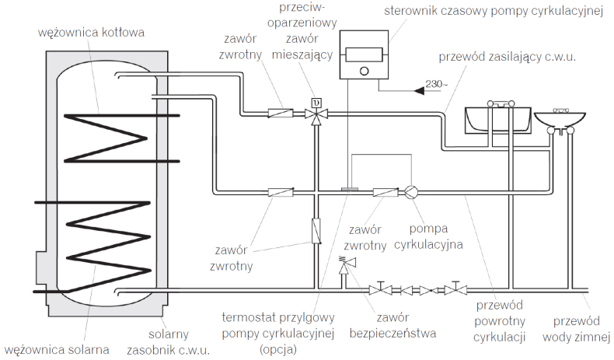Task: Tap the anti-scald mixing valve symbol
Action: (315, 114)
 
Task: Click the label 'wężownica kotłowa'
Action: (91, 32)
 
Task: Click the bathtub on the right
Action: (497, 117)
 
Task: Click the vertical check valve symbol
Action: (316, 230)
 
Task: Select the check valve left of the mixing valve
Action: (280, 114)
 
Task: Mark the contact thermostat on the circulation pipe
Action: (350, 188)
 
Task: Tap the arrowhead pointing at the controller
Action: (420, 90)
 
